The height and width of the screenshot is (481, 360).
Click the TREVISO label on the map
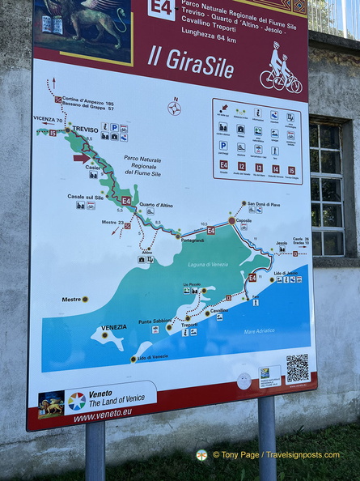tap(85, 129)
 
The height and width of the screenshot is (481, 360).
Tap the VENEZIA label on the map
tap(113, 327)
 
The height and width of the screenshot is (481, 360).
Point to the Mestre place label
tap(71, 300)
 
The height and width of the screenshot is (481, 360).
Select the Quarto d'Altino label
tap(155, 205)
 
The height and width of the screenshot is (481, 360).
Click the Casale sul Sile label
tap(86, 197)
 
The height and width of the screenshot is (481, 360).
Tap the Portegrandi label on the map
tap(193, 240)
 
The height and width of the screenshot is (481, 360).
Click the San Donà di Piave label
tap(263, 204)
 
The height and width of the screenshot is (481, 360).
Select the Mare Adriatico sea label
tap(260, 330)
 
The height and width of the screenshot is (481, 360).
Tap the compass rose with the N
tap(174, 108)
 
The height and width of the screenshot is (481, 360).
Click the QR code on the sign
tap(297, 368)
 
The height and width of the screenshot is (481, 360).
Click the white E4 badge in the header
tap(162, 7)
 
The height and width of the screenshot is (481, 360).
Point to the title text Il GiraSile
tap(190, 59)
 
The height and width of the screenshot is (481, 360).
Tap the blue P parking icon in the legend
tap(222, 146)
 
